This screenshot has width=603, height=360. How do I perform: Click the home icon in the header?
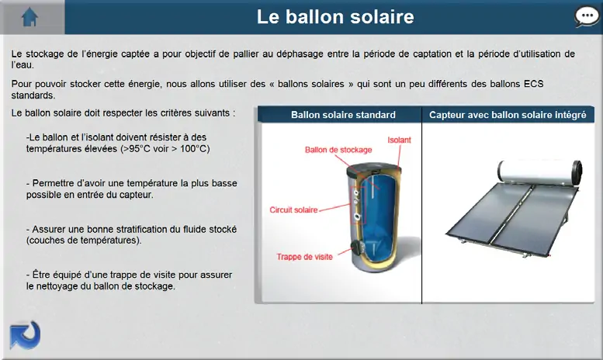(29, 17)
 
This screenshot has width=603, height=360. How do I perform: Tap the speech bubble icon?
(587, 17)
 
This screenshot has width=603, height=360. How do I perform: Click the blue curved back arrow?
(25, 335)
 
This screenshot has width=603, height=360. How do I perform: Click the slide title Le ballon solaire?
(335, 17)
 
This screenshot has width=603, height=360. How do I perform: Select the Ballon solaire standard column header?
(343, 115)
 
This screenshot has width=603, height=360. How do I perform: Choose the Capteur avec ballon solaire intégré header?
(508, 115)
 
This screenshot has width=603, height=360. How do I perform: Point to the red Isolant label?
(399, 140)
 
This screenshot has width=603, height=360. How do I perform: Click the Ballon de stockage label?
(338, 150)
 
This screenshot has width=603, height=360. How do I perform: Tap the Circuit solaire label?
(293, 210)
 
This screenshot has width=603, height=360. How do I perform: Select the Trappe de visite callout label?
(304, 257)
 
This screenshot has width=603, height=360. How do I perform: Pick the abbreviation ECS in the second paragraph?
(534, 84)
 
